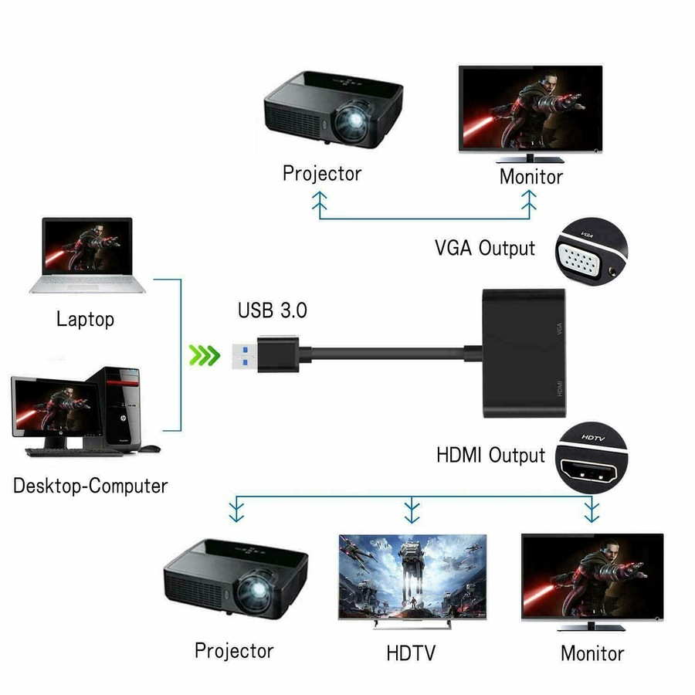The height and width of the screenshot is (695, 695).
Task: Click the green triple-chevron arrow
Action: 205,356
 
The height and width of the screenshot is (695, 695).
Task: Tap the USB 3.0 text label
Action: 273,310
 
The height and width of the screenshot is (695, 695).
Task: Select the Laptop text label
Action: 85,319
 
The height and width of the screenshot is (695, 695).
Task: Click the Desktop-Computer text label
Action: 90,486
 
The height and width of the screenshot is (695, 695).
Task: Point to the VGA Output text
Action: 484,248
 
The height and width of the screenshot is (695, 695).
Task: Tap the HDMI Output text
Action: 490,455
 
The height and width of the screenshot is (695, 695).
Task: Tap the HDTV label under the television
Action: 411,653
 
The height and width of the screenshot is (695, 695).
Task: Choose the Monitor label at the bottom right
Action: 592,653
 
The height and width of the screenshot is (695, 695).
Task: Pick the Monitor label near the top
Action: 531,176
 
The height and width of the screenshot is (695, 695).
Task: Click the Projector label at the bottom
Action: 233,650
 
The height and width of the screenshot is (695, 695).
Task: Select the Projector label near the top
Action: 321,173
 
